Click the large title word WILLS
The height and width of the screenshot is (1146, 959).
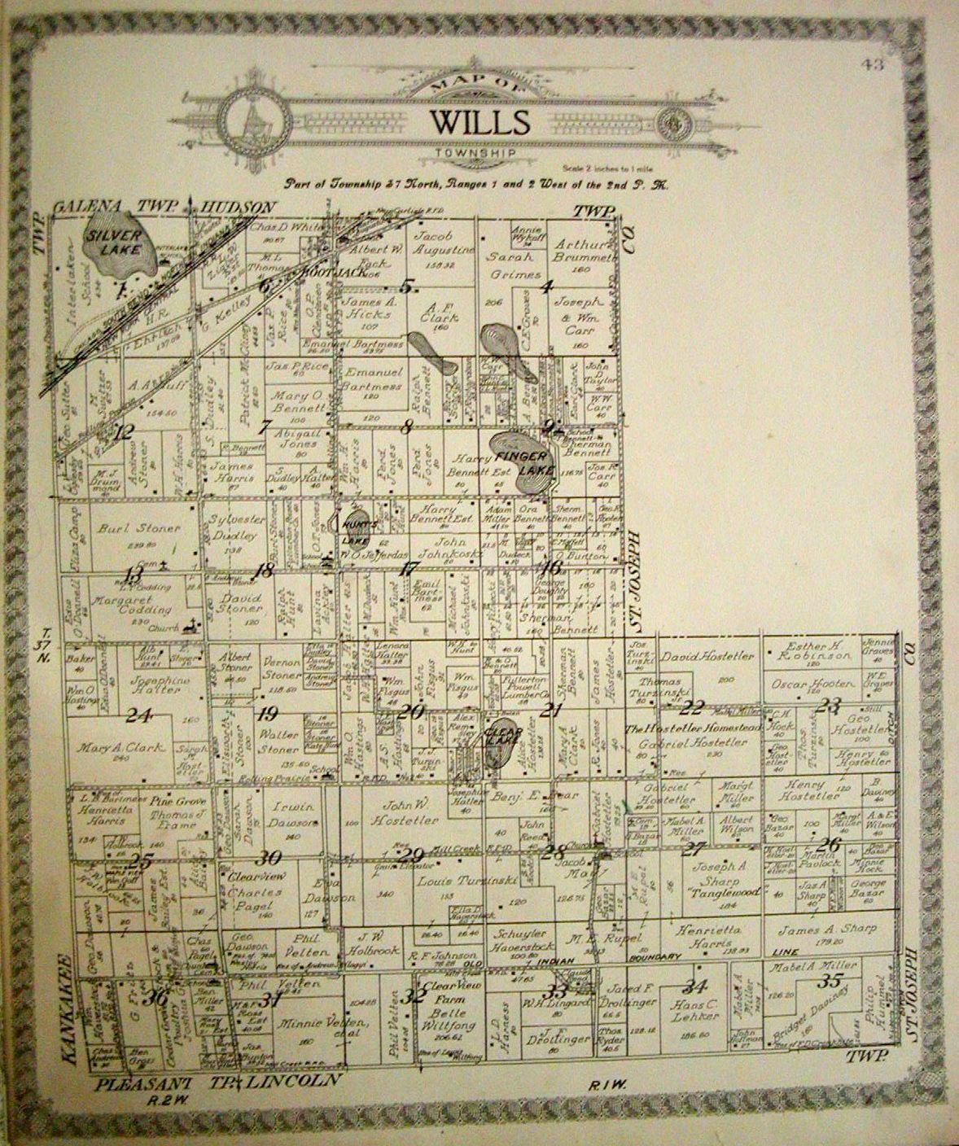coord(479,122)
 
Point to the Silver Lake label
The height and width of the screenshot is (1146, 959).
coord(114,242)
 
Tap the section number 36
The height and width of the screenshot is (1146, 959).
coord(159,995)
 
